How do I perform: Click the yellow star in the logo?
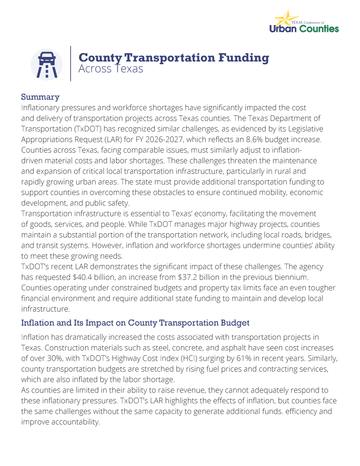(284, 19)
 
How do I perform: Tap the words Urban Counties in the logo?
(304, 29)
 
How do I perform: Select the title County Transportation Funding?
(173, 57)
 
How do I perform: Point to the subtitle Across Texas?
(111, 69)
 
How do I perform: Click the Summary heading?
(41, 97)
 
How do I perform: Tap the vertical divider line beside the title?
(71, 63)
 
